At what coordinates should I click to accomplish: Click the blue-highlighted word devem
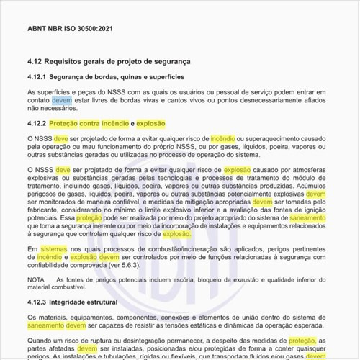click(x=62, y=101)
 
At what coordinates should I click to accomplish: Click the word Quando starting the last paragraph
click(x=40, y=341)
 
